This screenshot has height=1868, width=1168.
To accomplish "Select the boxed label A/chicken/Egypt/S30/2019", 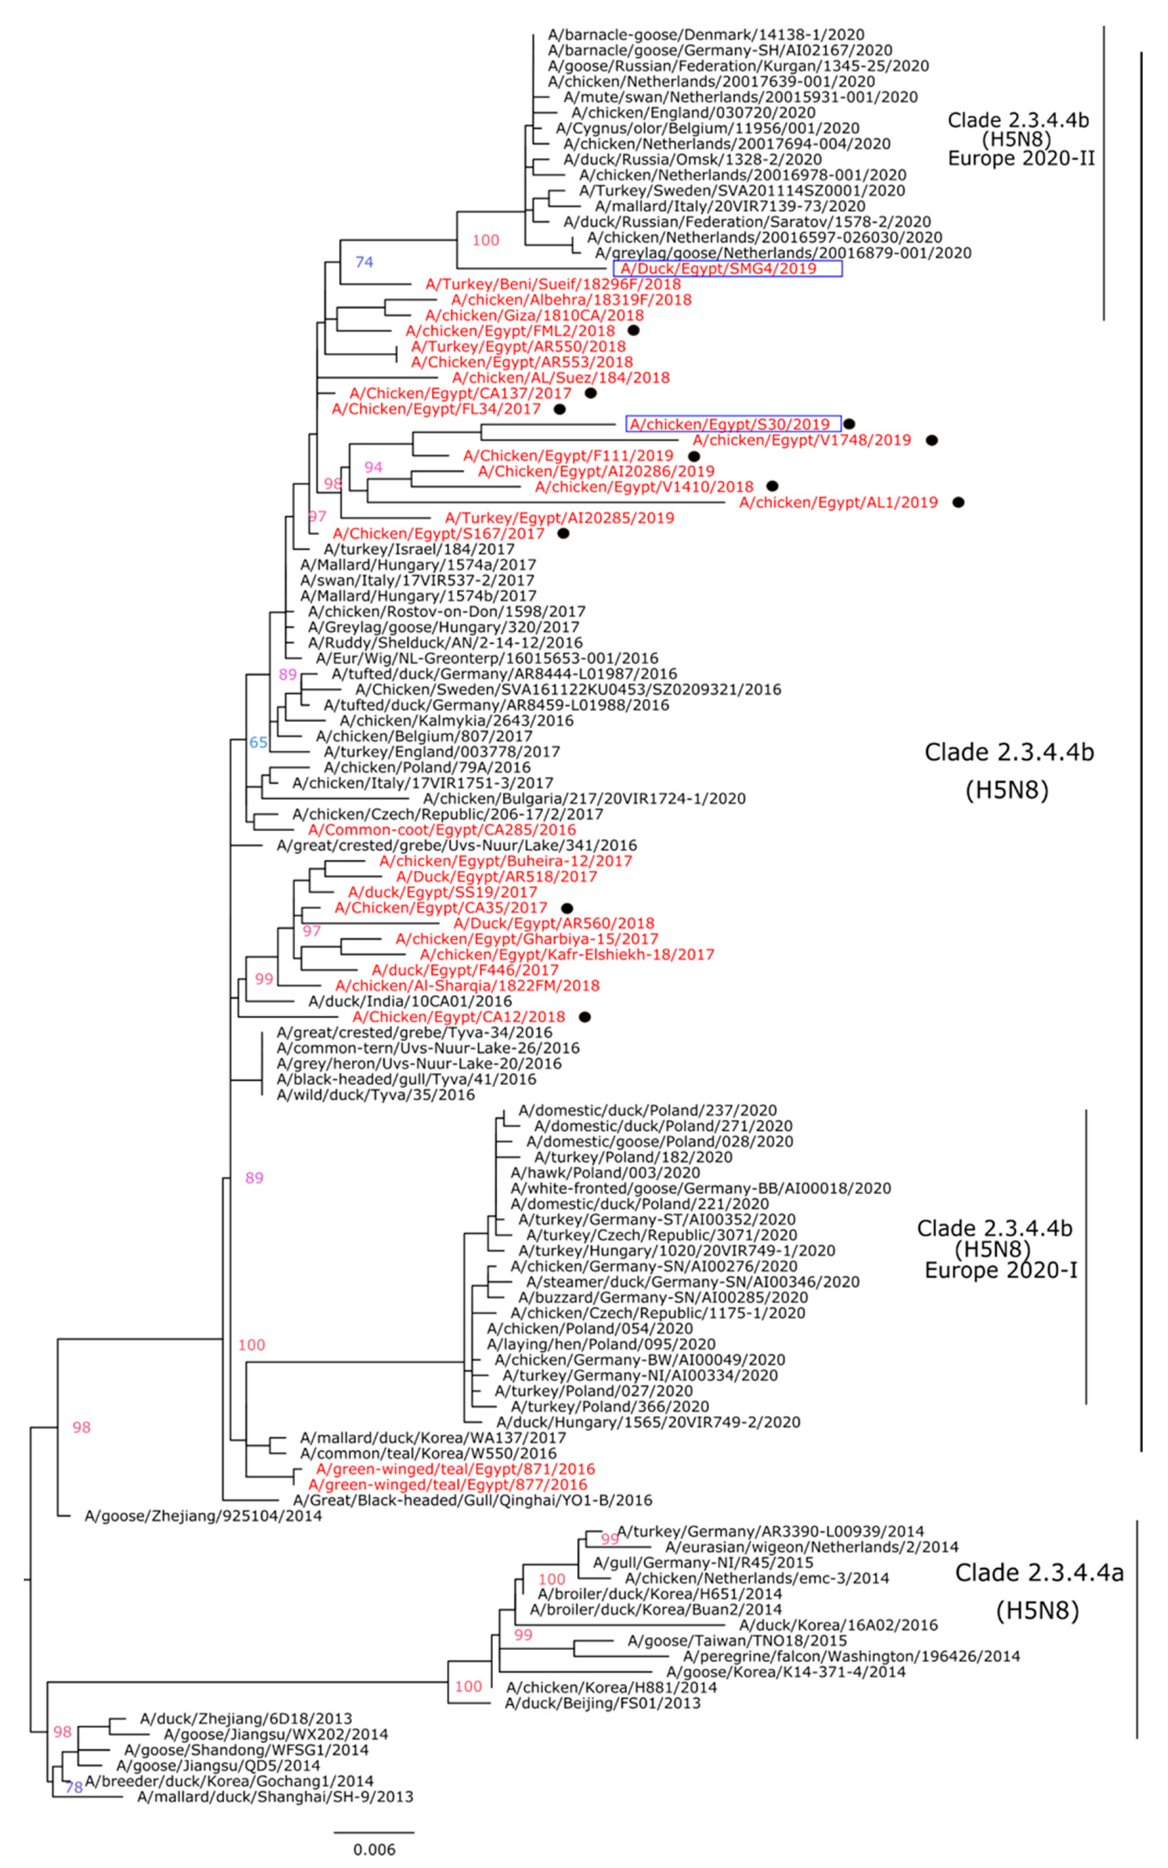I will click(733, 424).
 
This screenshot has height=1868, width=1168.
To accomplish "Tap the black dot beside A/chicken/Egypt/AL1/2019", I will click(958, 502).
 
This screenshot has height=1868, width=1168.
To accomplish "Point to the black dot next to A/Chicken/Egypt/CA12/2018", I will click(585, 1017).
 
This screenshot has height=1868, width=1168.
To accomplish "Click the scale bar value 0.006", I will click(374, 1849).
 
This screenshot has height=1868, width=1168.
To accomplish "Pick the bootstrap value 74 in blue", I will click(364, 262).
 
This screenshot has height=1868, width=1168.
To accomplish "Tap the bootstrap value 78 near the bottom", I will click(73, 1787).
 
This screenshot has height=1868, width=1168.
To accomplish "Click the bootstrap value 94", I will click(373, 467).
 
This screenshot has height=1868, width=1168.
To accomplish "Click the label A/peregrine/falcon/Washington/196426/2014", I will click(851, 1656).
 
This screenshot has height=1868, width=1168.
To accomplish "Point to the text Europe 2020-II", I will click(1021, 158).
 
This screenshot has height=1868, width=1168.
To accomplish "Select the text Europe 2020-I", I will click(1000, 1271).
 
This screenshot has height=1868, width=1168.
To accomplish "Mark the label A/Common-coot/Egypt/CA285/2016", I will click(442, 830).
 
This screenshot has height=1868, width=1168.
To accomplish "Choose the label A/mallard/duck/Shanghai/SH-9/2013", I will click(275, 1797).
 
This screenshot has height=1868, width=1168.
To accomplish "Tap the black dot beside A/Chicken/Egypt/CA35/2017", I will click(567, 908).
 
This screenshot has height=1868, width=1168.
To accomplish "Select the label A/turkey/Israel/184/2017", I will click(419, 549).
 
